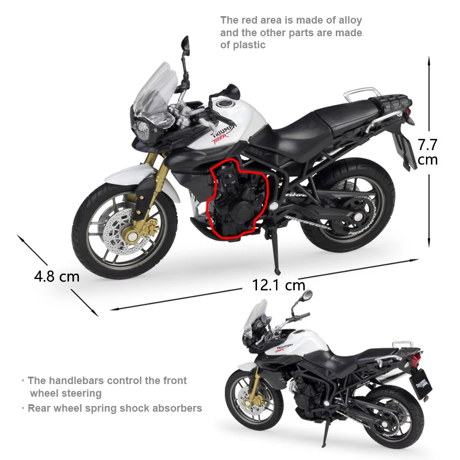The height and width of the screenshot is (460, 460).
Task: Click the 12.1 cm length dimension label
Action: (x=278, y=284)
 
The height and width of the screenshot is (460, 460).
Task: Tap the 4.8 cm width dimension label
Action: (x=56, y=276)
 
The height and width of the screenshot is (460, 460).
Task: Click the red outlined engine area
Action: (x=233, y=198)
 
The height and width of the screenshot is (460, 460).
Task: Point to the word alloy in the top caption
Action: (x=348, y=21)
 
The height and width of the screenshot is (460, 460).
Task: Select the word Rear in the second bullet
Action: (x=40, y=408)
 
